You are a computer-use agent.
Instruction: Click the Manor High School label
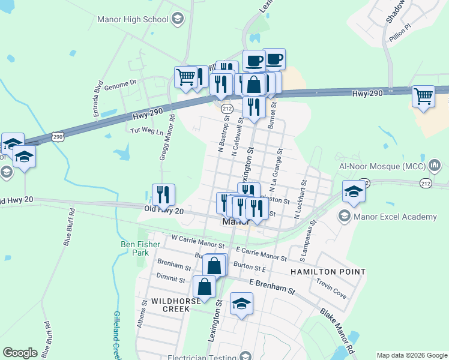133,19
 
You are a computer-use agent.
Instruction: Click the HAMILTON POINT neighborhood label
328,272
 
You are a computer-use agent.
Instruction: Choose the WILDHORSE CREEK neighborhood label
162,304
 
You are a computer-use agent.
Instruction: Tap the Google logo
20,353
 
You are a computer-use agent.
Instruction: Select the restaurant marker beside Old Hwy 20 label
163,194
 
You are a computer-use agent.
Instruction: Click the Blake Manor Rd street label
337,331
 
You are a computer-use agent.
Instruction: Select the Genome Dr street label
121,87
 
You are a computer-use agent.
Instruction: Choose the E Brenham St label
273,287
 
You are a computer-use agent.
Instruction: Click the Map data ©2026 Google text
411,355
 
